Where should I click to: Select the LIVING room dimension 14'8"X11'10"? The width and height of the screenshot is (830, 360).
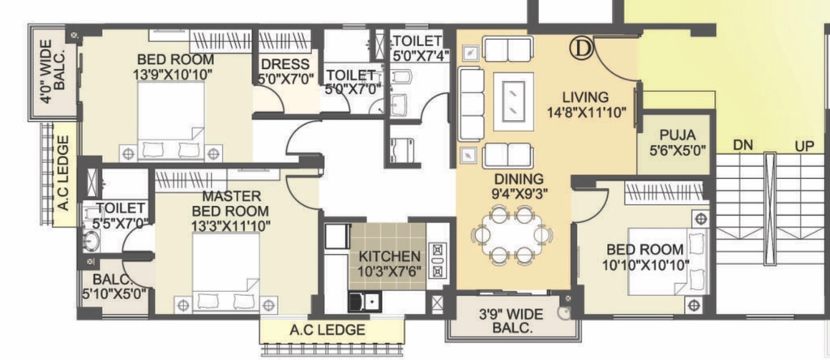tap(587, 112)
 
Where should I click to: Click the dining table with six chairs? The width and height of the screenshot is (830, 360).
tap(511, 234)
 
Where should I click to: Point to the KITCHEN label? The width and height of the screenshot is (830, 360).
tap(389, 257)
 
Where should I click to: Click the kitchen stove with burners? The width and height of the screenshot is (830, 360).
tap(438, 260)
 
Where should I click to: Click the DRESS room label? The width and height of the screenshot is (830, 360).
tap(286, 64)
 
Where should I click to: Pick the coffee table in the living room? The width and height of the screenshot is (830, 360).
tap(513, 101)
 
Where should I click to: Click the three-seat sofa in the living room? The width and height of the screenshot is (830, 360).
tap(471, 105)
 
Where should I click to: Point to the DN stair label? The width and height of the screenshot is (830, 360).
tap(743, 144)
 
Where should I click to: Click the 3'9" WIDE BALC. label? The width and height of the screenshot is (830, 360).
tap(511, 321)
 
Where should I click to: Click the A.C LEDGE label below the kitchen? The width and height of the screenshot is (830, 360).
tap(327, 330)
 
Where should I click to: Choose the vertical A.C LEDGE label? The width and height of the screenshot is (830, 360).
tap(63, 174)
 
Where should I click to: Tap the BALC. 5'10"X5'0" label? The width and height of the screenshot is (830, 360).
tap(114, 285)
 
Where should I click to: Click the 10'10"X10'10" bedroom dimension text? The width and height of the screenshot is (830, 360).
tap(645, 264)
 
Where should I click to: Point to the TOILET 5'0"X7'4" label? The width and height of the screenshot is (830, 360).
tap(417, 47)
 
